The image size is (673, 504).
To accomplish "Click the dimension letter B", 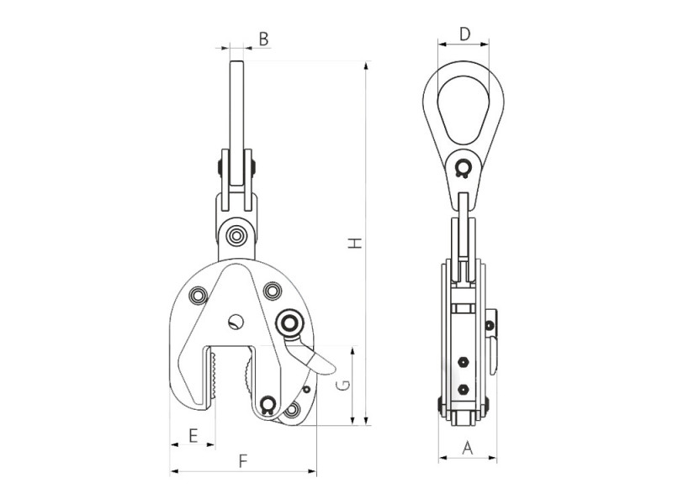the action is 263,39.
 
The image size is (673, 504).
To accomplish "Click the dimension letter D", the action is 465,34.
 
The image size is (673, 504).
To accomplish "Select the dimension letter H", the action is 355,243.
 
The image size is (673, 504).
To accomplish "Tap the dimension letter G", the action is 343,386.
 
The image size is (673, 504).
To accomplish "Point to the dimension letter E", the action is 193,435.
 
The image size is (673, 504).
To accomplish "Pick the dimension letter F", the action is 243,461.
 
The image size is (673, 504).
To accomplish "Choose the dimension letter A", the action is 468,449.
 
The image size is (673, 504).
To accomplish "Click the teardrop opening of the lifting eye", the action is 464,109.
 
